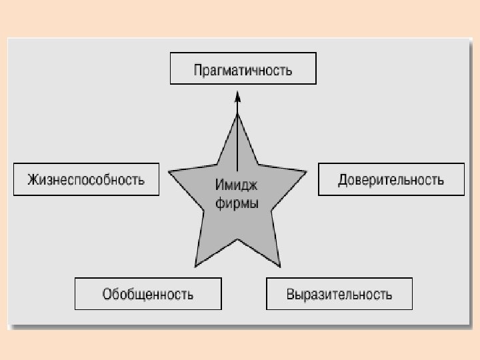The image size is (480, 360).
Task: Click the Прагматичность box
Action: pos(243,69)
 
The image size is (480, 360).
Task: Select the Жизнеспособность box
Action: pos(86,179)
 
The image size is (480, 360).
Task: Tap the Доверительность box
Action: pos(391,179)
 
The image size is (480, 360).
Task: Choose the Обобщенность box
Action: pos(148,294)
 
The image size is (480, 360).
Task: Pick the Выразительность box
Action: pos(339,294)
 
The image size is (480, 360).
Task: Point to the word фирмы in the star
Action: pos(237,203)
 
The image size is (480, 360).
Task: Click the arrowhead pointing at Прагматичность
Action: pos(237,97)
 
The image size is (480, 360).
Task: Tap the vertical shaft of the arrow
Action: pos(237,140)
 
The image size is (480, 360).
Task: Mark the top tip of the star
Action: pos(237,115)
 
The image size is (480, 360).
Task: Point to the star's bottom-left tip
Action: pos(195,265)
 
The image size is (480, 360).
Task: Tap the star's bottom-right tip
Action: pos(279,265)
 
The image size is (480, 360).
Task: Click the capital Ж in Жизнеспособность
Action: pos(32,179)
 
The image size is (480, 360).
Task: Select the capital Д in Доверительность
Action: pos(343,180)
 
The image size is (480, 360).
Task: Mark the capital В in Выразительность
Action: pos(291,294)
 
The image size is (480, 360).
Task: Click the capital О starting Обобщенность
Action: pos(107,294)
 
